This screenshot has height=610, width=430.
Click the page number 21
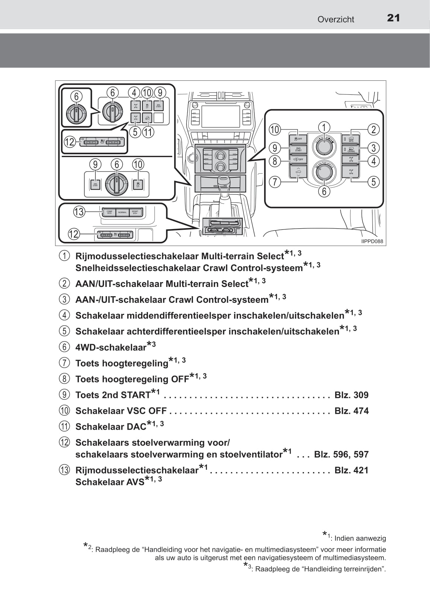393,18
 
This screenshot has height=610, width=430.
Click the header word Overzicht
336,20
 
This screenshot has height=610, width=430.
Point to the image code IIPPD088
372,242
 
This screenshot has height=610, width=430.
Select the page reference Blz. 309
351,395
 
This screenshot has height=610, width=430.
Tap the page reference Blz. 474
351,411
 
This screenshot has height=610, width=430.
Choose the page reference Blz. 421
351,470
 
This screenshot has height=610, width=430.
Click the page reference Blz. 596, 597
341,454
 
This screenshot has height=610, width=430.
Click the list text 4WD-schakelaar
111,347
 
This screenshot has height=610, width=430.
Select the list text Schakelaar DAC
111,427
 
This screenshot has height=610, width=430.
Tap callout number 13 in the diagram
79,212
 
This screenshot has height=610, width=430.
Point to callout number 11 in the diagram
148,132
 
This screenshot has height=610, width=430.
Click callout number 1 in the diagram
324,128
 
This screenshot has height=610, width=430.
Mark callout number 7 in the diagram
275,182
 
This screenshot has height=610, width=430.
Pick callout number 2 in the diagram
374,129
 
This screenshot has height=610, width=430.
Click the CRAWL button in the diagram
351,149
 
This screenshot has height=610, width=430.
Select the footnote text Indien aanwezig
360,538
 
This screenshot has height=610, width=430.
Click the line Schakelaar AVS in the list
110,482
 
